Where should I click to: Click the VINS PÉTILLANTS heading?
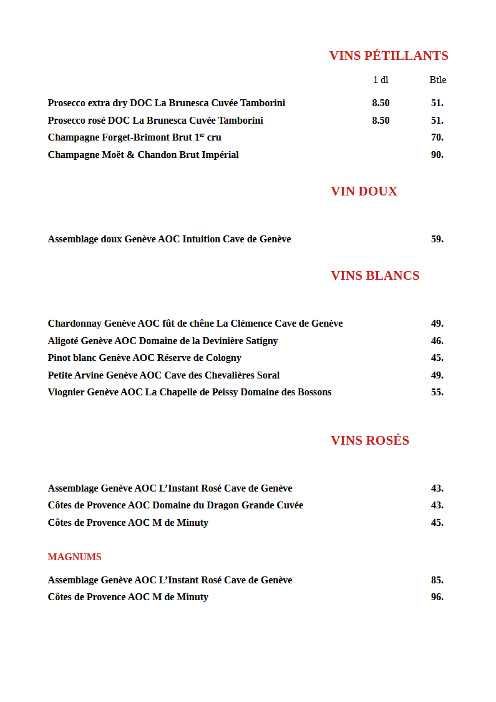pyautogui.click(x=389, y=56)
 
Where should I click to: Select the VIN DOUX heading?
pyautogui.click(x=364, y=191)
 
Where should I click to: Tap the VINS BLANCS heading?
pyautogui.click(x=375, y=275)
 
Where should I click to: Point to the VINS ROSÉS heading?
pyautogui.click(x=370, y=440)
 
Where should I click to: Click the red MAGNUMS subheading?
pyautogui.click(x=74, y=557)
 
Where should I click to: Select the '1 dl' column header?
pyautogui.click(x=381, y=80)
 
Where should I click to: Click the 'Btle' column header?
pyautogui.click(x=437, y=80)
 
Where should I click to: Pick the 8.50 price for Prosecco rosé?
pyautogui.click(x=381, y=121)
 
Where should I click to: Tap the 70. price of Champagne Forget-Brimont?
pyautogui.click(x=437, y=137)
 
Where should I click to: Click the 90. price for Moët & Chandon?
pyautogui.click(x=437, y=155)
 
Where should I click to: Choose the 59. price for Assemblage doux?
pyautogui.click(x=437, y=239)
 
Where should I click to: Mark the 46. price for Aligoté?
pyautogui.click(x=437, y=341)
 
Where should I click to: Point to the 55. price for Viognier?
pyautogui.click(x=437, y=392)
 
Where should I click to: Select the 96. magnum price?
pyautogui.click(x=437, y=597)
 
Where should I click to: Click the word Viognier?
pyautogui.click(x=66, y=392)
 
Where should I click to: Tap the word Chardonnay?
pyautogui.click(x=75, y=324)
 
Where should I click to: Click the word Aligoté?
pyautogui.click(x=63, y=341)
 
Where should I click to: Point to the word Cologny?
pyautogui.click(x=224, y=358)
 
